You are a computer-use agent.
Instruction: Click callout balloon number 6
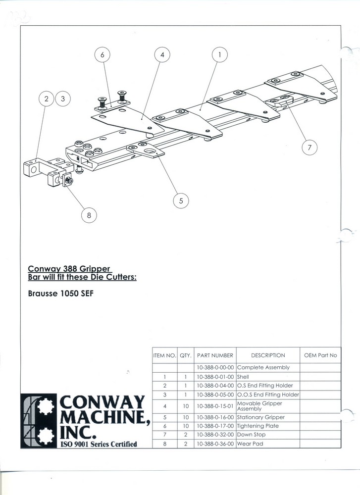[x=103, y=54]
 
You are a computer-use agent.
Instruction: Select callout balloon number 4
[x=162, y=54]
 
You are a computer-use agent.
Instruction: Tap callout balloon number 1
[x=220, y=54]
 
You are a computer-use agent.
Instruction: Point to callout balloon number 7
[x=309, y=147]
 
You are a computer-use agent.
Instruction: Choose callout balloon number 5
[x=181, y=200]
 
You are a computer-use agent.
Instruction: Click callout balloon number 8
[x=89, y=215]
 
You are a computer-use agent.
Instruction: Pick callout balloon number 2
[x=47, y=99]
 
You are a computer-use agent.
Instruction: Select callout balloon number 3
[x=63, y=99]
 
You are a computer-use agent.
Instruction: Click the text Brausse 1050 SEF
[x=61, y=293]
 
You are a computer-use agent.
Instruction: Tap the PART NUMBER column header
[x=215, y=355]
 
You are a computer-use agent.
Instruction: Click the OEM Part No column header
[x=320, y=355]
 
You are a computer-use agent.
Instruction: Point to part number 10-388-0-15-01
[x=215, y=406]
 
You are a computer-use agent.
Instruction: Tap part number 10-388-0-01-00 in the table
[x=215, y=377]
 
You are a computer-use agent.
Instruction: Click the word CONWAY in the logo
[x=102, y=402]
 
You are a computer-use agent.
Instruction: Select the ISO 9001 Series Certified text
[x=99, y=444]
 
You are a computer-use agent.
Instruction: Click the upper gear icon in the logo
[x=46, y=406]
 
